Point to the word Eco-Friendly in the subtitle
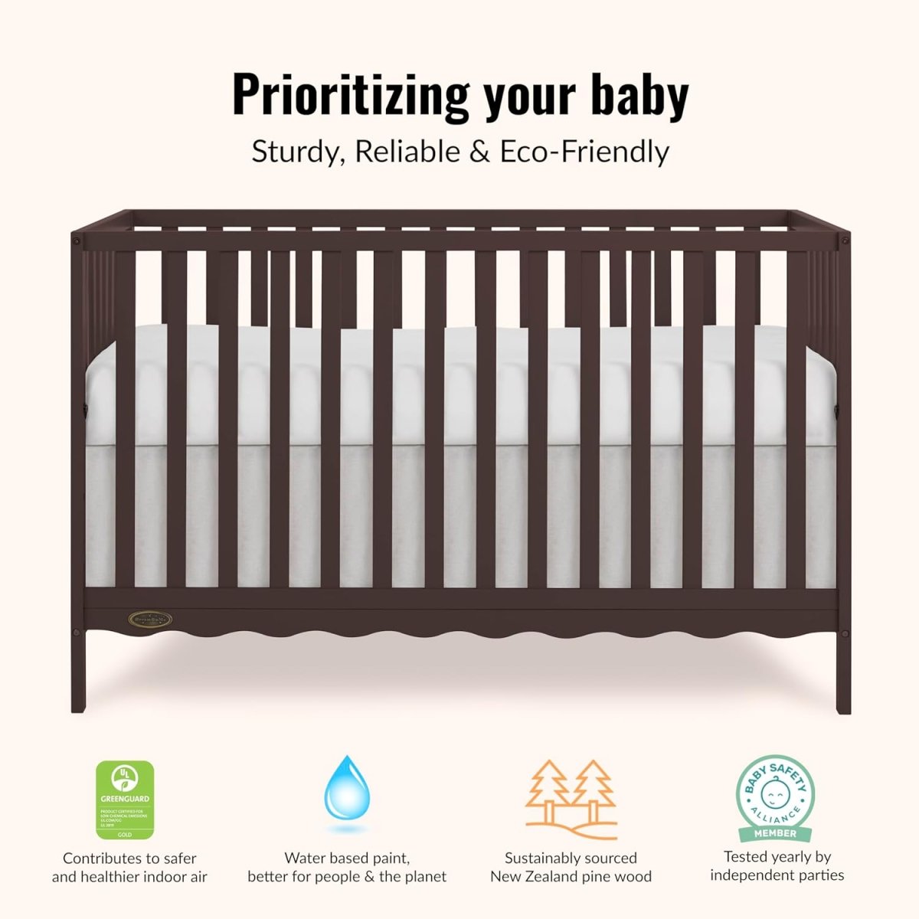click(x=584, y=152)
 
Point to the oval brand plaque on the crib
click(x=149, y=618)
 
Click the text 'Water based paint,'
click(x=347, y=858)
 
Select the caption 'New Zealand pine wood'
click(x=571, y=877)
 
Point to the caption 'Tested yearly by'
click(x=777, y=857)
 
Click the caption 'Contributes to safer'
click(x=129, y=858)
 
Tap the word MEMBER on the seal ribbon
click(x=775, y=833)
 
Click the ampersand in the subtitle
click(x=479, y=152)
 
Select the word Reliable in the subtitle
click(x=407, y=152)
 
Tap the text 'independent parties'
click(x=777, y=875)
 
